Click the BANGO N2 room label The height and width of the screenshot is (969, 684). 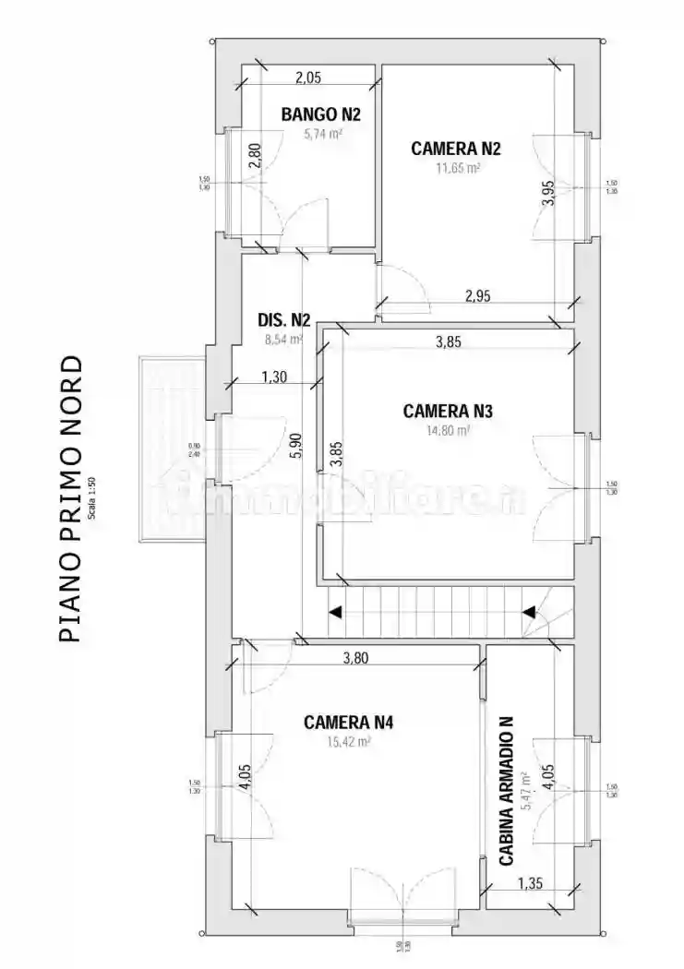[320, 115]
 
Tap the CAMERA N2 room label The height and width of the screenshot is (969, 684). [456, 148]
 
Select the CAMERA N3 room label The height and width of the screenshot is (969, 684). [448, 412]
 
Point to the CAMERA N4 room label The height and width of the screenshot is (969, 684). [348, 723]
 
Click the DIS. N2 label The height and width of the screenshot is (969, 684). [283, 321]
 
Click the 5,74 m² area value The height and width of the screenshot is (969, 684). [323, 134]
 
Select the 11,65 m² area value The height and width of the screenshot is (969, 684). [458, 168]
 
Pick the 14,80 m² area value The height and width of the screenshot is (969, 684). [449, 430]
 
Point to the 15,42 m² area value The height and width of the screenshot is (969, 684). [349, 741]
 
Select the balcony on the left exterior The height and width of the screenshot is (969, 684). [171, 449]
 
